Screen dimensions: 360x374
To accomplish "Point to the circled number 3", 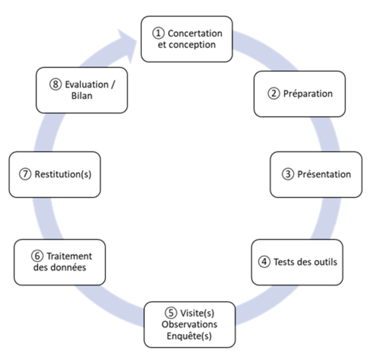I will point(289,174).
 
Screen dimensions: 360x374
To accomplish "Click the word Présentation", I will point(324,174).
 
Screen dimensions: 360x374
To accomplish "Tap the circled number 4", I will point(265,261).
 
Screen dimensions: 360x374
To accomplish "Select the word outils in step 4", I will point(324,261).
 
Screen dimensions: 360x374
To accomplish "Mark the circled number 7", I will point(25,174).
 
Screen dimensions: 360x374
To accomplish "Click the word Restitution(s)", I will point(62,174).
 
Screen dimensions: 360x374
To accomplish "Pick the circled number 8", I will point(55,85).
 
